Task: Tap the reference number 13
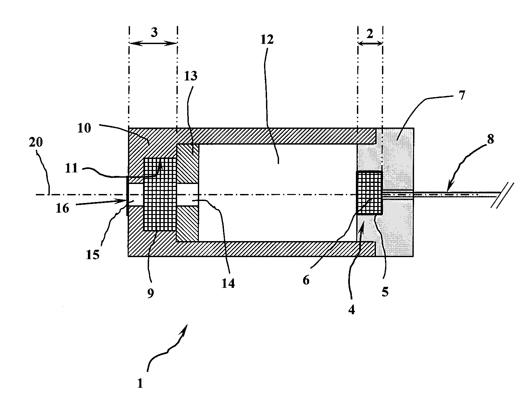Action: coord(190,76)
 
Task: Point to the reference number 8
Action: coord(490,139)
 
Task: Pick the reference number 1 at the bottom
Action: coord(140,384)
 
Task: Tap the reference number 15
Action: coord(93,255)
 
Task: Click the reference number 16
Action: coord(62,208)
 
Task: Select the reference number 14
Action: coord(228,283)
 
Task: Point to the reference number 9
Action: coord(150,293)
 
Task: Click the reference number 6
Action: coord(306,280)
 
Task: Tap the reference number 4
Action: coord(351,310)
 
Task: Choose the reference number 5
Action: coord(385,291)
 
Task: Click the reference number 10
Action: coord(84,128)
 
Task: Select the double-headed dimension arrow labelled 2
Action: coord(370,43)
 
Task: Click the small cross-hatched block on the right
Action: coord(369,193)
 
